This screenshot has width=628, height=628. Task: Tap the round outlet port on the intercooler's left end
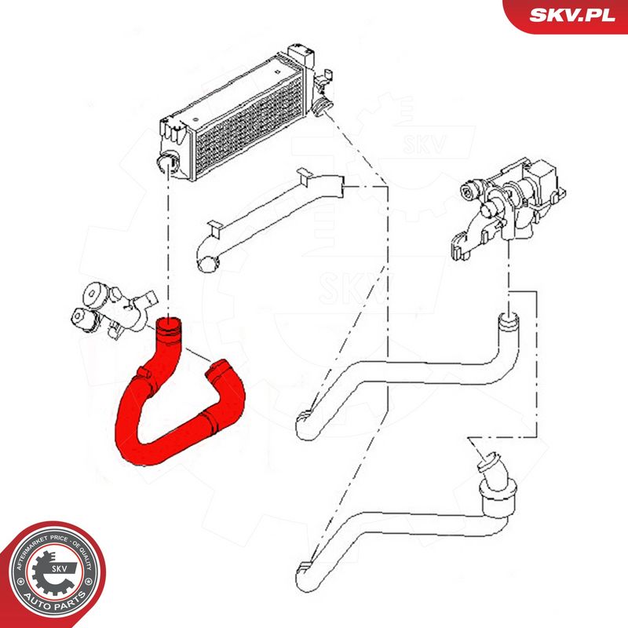(x=166, y=162)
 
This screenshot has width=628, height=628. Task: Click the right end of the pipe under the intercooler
(x=335, y=187)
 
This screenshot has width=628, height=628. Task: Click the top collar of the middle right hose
(x=509, y=319)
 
